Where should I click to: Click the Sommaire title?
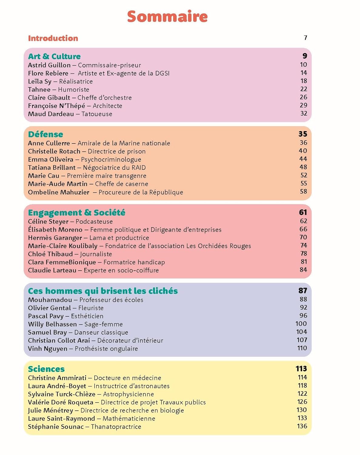click(167, 16)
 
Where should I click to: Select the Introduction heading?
click(53, 38)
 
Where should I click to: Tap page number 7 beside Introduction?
click(305, 38)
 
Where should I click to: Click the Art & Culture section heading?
click(54, 56)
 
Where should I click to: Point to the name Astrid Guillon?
click(49, 65)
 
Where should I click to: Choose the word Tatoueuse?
click(97, 114)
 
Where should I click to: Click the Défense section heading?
click(45, 134)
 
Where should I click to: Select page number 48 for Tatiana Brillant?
click(303, 167)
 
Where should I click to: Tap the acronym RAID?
click(138, 168)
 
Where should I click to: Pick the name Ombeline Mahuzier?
click(58, 192)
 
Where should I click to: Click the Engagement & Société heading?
click(76, 213)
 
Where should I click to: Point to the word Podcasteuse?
click(94, 222)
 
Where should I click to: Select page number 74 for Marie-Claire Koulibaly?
click(304, 245)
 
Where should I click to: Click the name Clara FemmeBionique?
click(62, 262)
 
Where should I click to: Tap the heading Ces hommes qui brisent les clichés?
click(103, 291)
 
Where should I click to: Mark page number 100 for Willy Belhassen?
click(301, 324)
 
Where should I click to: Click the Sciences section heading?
click(46, 369)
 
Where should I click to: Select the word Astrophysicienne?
click(128, 394)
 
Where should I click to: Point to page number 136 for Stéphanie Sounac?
click(302, 426)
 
